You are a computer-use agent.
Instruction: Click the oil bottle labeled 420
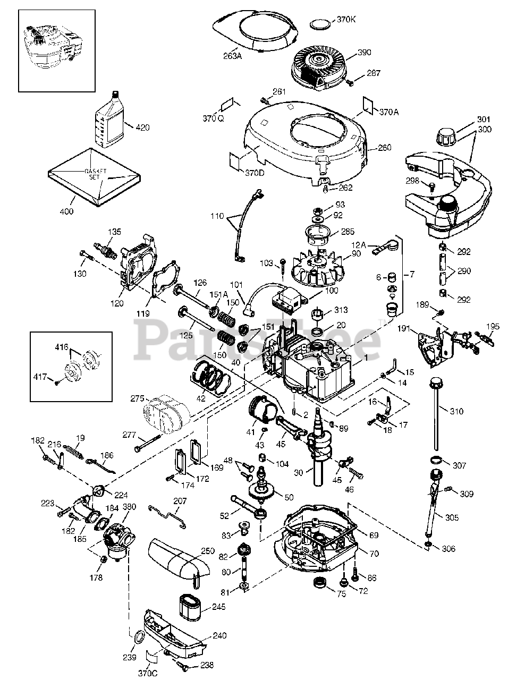click(109, 120)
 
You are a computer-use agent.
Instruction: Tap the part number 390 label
click(364, 52)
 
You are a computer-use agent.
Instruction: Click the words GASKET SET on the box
click(96, 174)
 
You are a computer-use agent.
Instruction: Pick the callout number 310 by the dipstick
click(456, 411)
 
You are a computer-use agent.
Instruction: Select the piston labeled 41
click(263, 410)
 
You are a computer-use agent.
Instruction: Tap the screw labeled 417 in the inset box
click(57, 382)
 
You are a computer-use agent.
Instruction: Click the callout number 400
click(66, 211)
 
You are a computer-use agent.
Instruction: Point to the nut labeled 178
click(103, 559)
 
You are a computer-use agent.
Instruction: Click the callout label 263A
click(232, 56)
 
